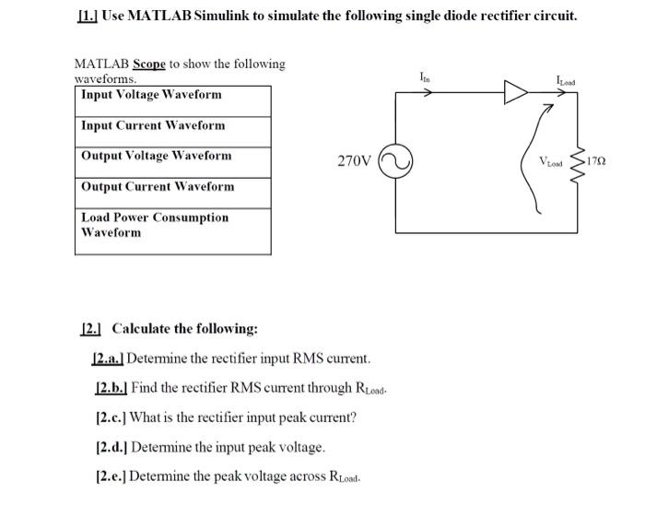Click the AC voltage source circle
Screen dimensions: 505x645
tap(393, 161)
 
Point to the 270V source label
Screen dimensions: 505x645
tap(355, 161)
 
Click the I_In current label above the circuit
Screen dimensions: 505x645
tap(423, 77)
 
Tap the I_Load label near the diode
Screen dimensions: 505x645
tap(568, 79)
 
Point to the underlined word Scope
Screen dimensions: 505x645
tap(149, 64)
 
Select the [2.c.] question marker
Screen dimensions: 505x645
tap(110, 417)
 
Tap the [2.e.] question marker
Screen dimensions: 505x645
tap(110, 476)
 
